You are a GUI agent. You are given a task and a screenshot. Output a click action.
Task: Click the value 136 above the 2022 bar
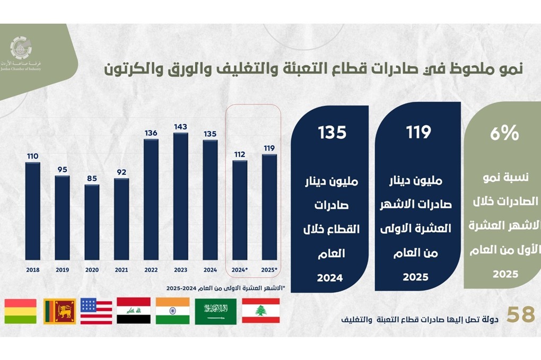pos(151,133)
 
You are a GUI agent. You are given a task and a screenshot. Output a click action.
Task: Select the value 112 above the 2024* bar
pos(240,155)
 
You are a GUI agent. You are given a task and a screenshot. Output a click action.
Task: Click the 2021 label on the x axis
pos(121,270)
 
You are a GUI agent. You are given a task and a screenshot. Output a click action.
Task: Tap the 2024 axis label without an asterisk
pos(210,270)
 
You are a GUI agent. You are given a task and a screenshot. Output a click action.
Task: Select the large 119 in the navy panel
pos(418,133)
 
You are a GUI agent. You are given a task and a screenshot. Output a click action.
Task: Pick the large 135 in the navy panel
pos(331,133)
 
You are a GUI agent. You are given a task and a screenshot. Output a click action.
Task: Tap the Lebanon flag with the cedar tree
pos(260,311)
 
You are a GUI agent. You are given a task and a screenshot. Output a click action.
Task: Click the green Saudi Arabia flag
pos(215,311)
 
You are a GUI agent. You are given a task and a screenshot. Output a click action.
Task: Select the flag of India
pos(172,311)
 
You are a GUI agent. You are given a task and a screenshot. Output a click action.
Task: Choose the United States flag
pos(97,311)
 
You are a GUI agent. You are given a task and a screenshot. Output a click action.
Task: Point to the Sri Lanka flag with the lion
pos(59,311)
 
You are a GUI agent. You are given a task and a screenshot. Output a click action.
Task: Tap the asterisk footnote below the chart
pos(225,288)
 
